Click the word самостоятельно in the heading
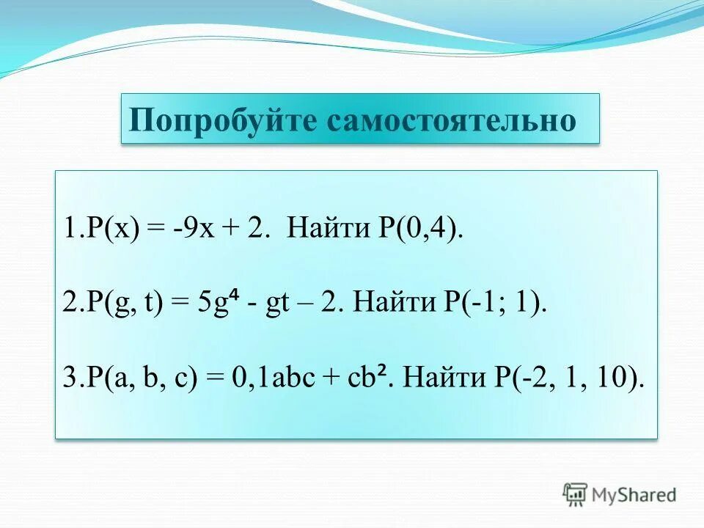[451, 120]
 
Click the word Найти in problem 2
[390, 303]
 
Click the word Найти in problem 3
[441, 378]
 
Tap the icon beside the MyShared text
[575, 494]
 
